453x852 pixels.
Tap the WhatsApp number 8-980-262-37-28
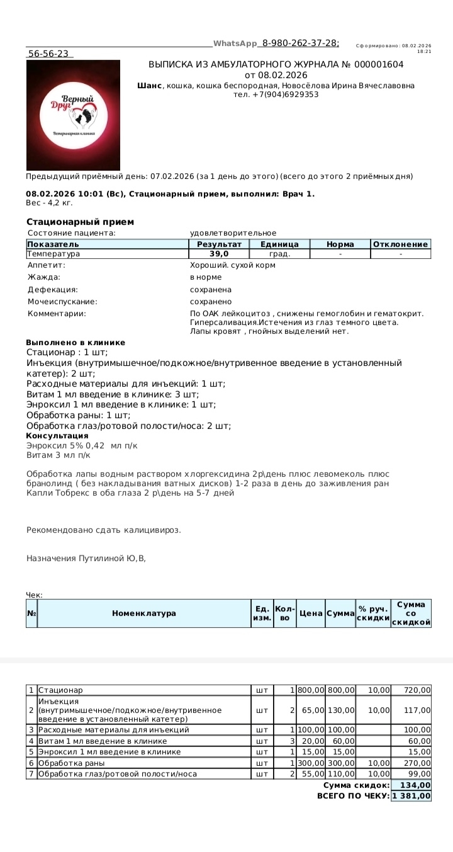(x=300, y=43)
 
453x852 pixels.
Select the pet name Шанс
(x=149, y=85)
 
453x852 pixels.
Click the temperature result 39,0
(x=219, y=254)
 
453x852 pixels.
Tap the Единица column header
(x=279, y=244)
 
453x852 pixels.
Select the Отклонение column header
(x=400, y=244)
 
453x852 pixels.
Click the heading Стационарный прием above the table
(x=80, y=222)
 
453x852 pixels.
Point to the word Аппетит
(x=46, y=265)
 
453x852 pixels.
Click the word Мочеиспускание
(x=62, y=302)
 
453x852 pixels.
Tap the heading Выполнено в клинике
(x=75, y=342)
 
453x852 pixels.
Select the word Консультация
(x=57, y=435)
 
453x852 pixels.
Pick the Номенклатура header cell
(x=144, y=613)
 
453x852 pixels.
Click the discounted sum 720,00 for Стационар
(x=418, y=691)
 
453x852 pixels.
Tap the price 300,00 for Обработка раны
(x=310, y=763)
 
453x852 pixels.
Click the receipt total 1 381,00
(x=411, y=796)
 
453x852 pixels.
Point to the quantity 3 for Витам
(x=293, y=741)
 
